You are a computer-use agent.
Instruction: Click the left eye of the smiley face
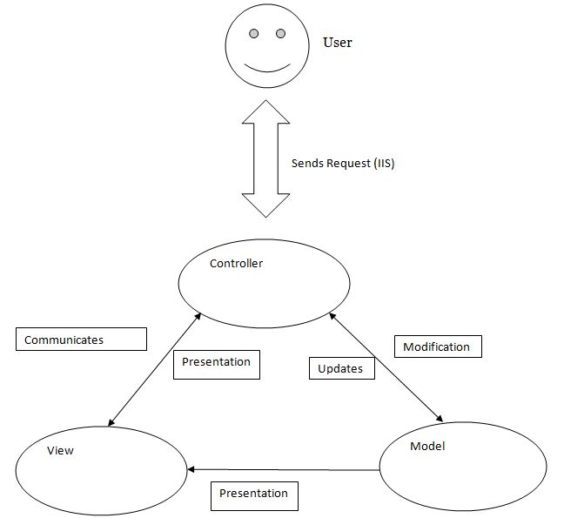(254, 34)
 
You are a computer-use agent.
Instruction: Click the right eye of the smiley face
(280, 34)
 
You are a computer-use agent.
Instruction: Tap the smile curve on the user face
(266, 67)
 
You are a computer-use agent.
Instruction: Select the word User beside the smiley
(338, 42)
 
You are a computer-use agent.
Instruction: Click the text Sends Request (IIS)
(342, 163)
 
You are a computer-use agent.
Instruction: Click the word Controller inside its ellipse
(236, 263)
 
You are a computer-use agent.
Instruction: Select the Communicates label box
(81, 340)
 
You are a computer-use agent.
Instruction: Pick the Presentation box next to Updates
(217, 363)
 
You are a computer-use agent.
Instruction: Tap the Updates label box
(341, 368)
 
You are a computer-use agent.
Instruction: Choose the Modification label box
(438, 346)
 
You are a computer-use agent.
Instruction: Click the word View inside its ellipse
(60, 450)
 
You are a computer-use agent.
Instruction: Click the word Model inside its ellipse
(426, 446)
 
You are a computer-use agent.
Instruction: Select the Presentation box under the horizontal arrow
(254, 494)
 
